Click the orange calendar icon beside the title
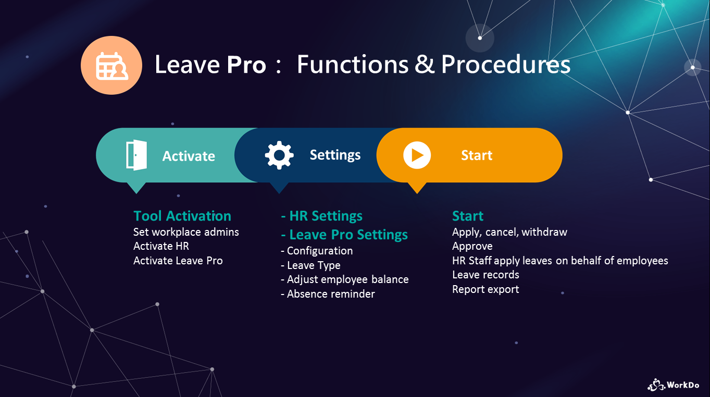(111, 65)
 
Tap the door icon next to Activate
(136, 155)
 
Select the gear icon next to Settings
(279, 155)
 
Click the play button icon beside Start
(417, 155)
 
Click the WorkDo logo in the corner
(673, 385)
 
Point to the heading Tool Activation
(182, 216)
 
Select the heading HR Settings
(322, 216)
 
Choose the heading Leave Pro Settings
(344, 235)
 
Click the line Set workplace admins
(186, 232)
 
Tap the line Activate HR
(161, 246)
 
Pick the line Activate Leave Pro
(178, 261)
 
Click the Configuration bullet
(317, 251)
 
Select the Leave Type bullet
(310, 265)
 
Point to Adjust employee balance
(345, 279)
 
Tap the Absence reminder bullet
(328, 294)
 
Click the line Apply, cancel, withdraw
(509, 232)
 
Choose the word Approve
(472, 246)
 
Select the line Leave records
(485, 275)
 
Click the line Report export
(485, 289)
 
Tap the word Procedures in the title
(506, 65)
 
